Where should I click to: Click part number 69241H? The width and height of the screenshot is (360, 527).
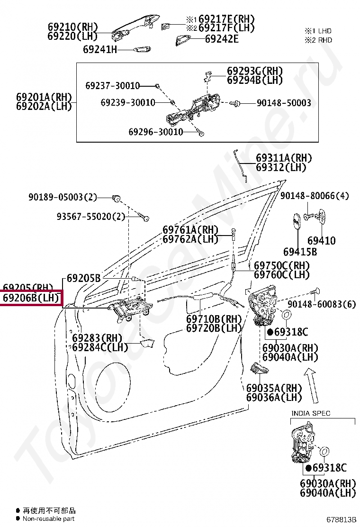pyautogui.click(x=99, y=49)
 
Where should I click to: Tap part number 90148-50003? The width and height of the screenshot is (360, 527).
pyautogui.click(x=284, y=102)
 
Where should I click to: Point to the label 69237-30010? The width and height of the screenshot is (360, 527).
pyautogui.click(x=113, y=86)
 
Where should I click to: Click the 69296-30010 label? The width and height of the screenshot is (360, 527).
pyautogui.click(x=155, y=132)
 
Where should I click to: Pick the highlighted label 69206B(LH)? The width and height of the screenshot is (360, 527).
pyautogui.click(x=31, y=298)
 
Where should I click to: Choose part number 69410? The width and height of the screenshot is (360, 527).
pyautogui.click(x=321, y=240)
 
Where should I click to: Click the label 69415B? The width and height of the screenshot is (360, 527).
pyautogui.click(x=300, y=252)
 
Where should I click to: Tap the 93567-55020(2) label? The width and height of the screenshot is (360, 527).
pyautogui.click(x=91, y=217)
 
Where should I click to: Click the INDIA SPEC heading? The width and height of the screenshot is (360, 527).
pyautogui.click(x=310, y=413)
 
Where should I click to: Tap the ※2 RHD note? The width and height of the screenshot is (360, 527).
pyautogui.click(x=318, y=40)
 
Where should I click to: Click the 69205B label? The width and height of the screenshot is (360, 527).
pyautogui.click(x=83, y=278)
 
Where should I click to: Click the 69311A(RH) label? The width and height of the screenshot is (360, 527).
pyautogui.click(x=284, y=158)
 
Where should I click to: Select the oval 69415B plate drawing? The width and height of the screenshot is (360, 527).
pyautogui.click(x=295, y=221)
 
